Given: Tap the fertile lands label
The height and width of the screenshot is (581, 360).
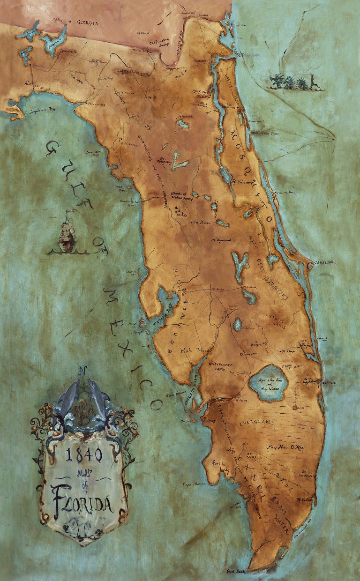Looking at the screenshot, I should click(x=219, y=469).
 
